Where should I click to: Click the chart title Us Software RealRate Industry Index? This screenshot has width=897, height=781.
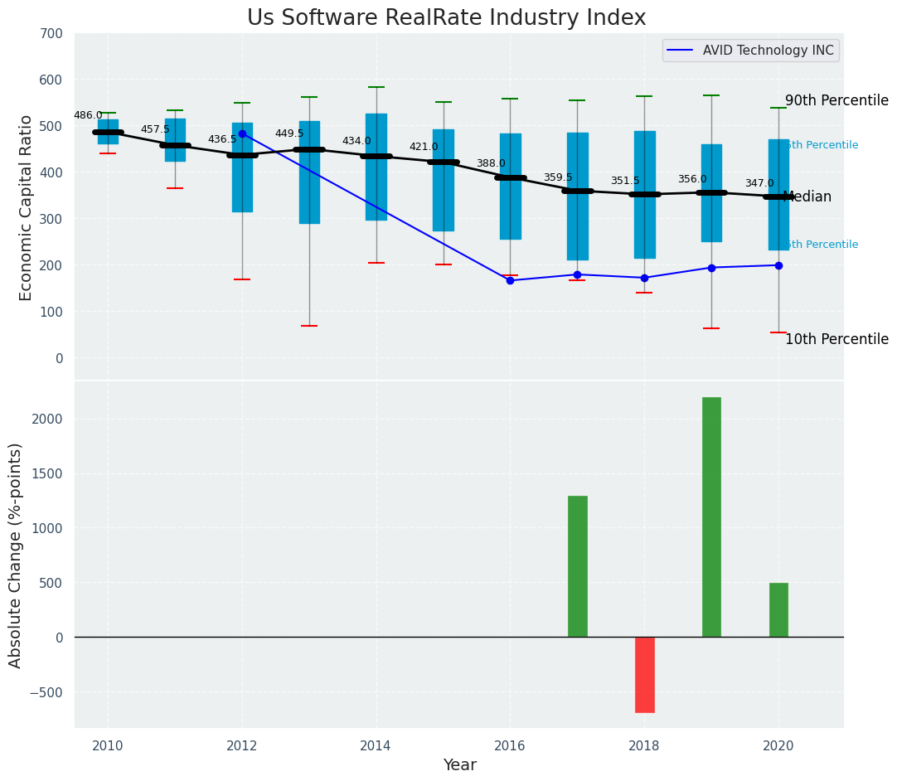[446, 18]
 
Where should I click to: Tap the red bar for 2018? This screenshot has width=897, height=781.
[644, 674]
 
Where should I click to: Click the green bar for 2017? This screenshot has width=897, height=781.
[577, 566]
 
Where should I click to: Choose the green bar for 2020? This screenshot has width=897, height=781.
[778, 609]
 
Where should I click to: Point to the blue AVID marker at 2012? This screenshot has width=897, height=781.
[242, 133]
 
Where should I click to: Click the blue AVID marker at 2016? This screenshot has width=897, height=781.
[510, 280]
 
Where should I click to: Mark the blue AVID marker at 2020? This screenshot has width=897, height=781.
[778, 265]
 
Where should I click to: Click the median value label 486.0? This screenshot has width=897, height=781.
[88, 116]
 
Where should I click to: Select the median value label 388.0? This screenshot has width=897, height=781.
[491, 164]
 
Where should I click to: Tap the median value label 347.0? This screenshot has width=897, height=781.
[759, 184]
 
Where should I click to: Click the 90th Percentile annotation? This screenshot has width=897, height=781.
[836, 101]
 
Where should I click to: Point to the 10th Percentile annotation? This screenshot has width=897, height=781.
[836, 340]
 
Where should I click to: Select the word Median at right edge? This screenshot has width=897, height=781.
[807, 197]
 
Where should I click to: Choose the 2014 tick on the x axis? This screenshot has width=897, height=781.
[376, 746]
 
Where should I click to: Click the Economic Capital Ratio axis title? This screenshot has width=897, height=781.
[26, 207]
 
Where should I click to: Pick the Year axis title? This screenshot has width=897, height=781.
[459, 765]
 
